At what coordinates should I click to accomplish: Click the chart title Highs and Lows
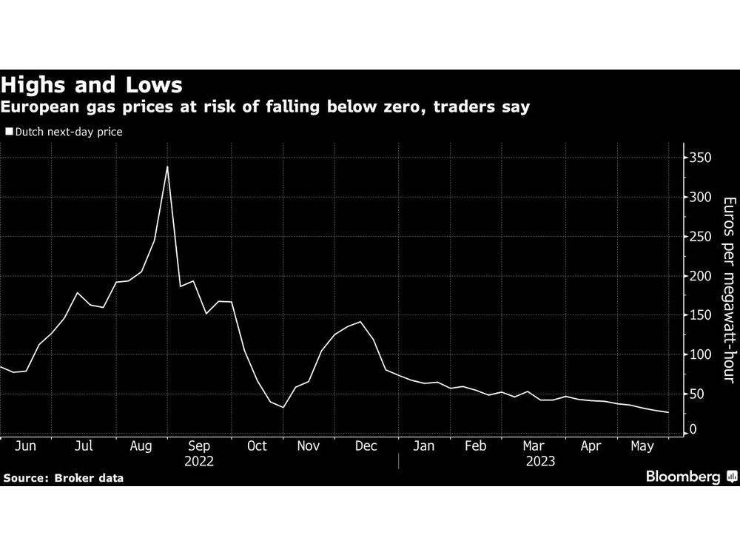click(x=92, y=84)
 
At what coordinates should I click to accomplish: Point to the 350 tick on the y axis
click(x=701, y=158)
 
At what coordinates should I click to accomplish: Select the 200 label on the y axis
click(x=701, y=276)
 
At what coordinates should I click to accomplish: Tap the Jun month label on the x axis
click(x=26, y=446)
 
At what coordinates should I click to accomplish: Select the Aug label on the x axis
click(x=141, y=446)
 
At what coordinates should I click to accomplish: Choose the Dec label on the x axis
click(x=366, y=446)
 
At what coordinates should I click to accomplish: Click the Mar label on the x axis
click(x=533, y=446)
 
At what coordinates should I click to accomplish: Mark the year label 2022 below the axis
click(x=199, y=461)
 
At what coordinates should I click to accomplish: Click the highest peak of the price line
click(x=167, y=166)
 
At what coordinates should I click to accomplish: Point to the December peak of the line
click(x=360, y=322)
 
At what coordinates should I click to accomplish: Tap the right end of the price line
click(x=668, y=413)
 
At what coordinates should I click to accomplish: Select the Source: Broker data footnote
click(x=63, y=478)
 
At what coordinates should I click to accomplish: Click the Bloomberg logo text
click(x=683, y=477)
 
